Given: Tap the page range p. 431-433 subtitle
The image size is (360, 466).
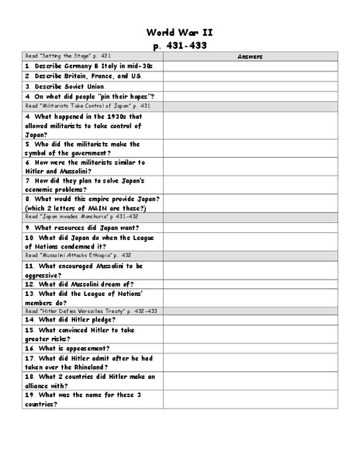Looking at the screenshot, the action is pyautogui.click(x=179, y=46).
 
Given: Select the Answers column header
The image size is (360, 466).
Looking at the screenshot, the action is pyautogui.click(x=250, y=57).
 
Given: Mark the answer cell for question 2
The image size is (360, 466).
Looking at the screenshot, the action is pyautogui.click(x=250, y=76).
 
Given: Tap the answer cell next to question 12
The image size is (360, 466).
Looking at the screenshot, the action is pyautogui.click(x=250, y=284).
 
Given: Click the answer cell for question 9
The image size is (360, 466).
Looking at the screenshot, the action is pyautogui.click(x=250, y=228).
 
